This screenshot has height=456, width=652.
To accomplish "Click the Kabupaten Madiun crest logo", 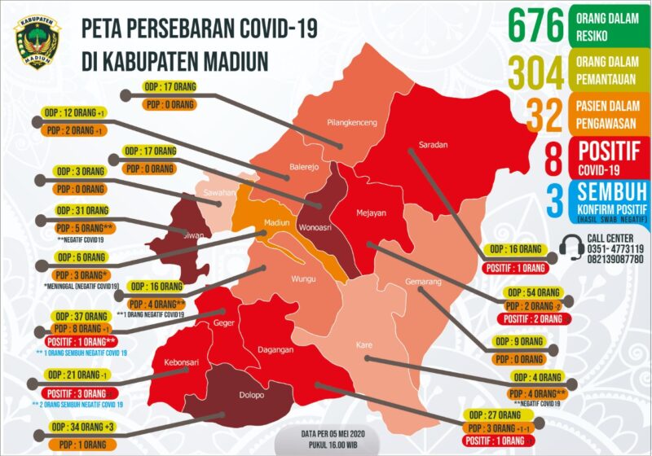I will coord(37,41).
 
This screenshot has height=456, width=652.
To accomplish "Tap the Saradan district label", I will coord(433,145).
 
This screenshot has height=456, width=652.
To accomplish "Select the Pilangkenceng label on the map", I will coord(351,123).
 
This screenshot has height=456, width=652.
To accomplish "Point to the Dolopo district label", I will coord(251,397).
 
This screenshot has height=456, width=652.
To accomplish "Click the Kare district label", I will coord(364,346).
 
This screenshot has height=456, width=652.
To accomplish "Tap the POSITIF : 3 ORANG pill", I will coord(74,392).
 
